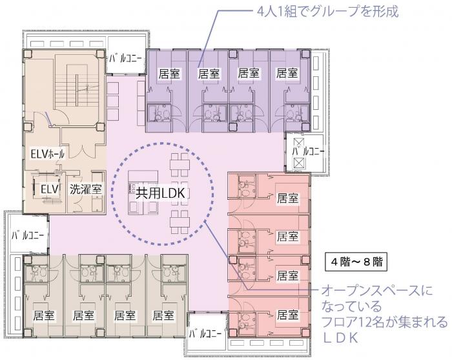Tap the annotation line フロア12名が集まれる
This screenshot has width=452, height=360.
pyautogui.click(x=384, y=321)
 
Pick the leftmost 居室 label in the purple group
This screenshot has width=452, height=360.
pyautogui.click(x=168, y=74)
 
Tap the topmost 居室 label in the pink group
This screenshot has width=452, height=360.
pyautogui.click(x=287, y=196)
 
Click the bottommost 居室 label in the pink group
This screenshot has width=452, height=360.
pyautogui.click(x=287, y=316)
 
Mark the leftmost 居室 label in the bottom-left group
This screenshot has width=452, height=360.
pyautogui.click(x=43, y=316)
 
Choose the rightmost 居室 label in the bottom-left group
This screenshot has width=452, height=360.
pyautogui.click(x=163, y=316)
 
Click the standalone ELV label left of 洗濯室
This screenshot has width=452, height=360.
pyautogui.click(x=49, y=189)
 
